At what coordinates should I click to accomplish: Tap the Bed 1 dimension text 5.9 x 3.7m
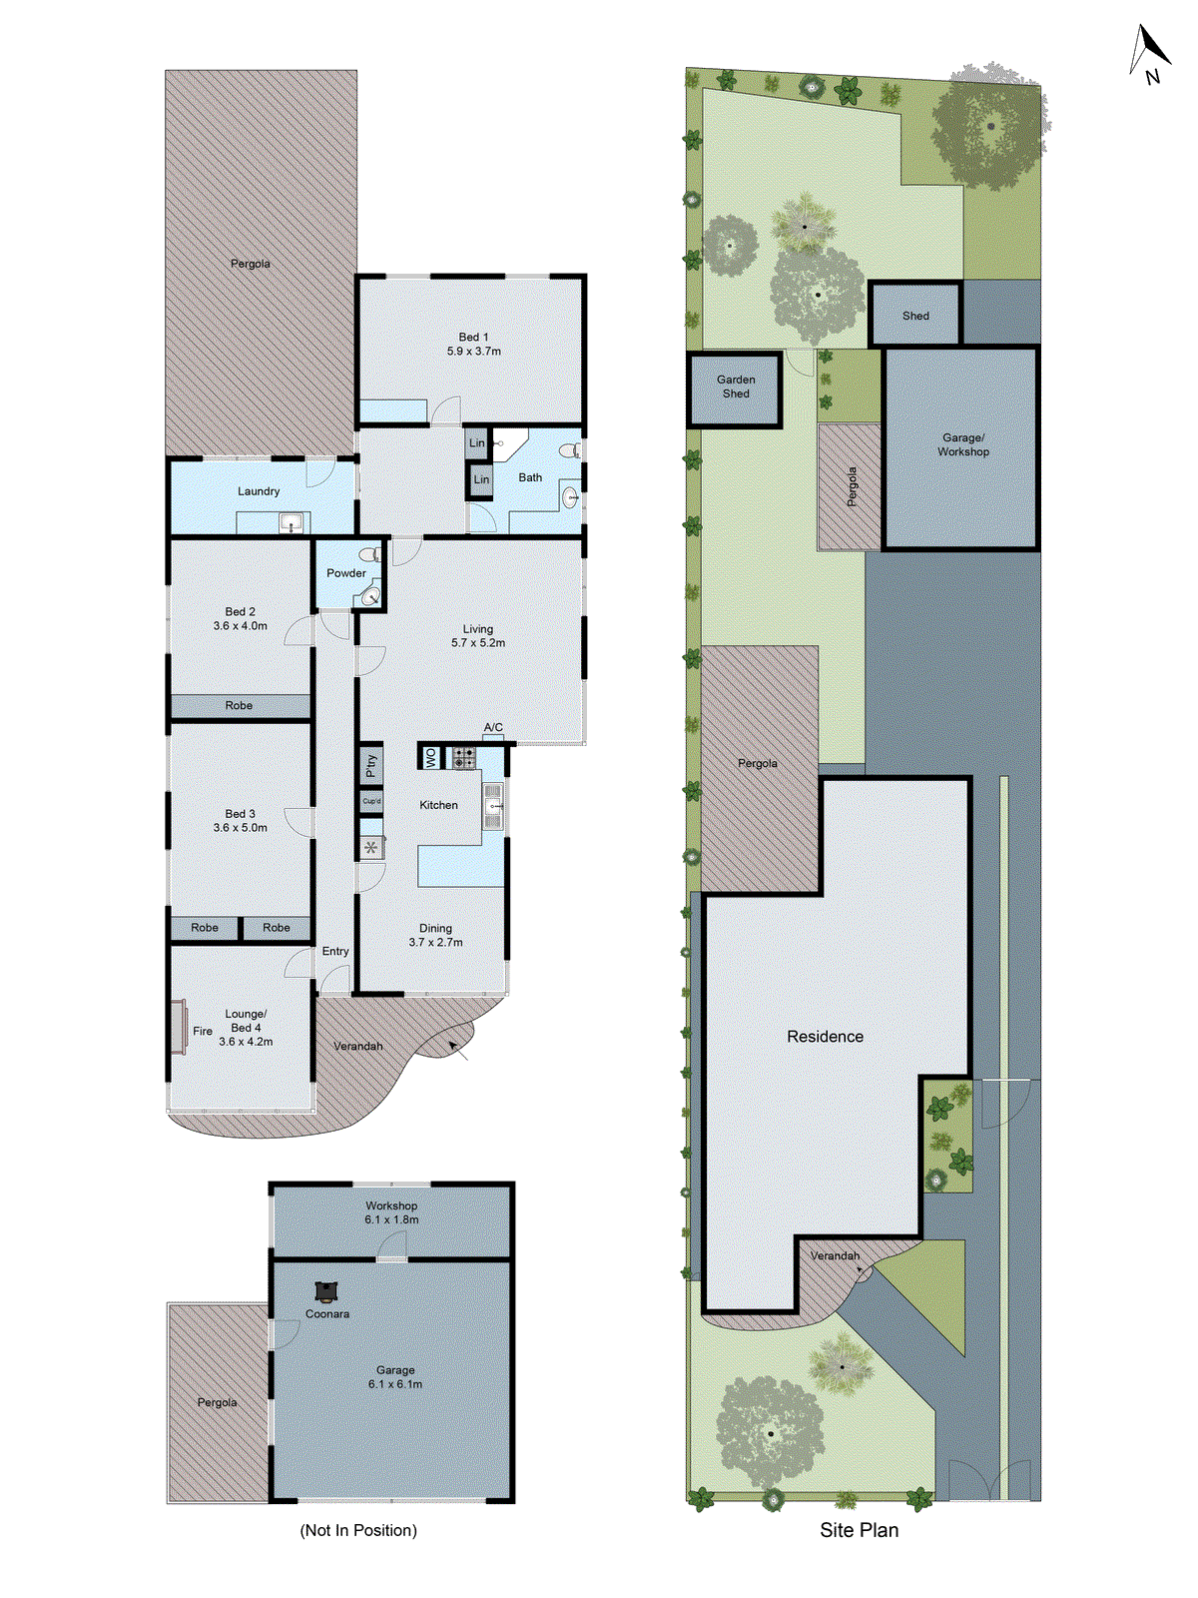pyautogui.click(x=474, y=352)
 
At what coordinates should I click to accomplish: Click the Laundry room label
pyautogui.click(x=259, y=491)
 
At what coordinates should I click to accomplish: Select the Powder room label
pyautogui.click(x=345, y=573)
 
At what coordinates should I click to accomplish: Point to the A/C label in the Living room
pyautogui.click(x=493, y=727)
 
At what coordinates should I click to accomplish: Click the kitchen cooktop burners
pyautogui.click(x=464, y=758)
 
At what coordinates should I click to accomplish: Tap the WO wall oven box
pyautogui.click(x=431, y=758)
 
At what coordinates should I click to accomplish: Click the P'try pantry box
pyautogui.click(x=371, y=765)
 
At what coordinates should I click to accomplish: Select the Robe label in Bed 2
pyautogui.click(x=239, y=706)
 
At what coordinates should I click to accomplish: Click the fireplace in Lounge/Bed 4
pyautogui.click(x=179, y=1027)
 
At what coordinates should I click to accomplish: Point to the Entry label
pyautogui.click(x=335, y=952)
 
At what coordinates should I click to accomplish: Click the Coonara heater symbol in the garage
pyautogui.click(x=325, y=1292)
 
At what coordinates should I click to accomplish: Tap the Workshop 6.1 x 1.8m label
pyautogui.click(x=391, y=1212)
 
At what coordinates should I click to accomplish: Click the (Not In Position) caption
pyautogui.click(x=358, y=1530)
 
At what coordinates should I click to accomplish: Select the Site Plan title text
pyautogui.click(x=859, y=1530)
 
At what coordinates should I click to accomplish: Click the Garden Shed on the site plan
pyautogui.click(x=736, y=388)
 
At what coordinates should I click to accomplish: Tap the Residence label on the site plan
pyautogui.click(x=825, y=1037)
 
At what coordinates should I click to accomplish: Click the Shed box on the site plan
pyautogui.click(x=915, y=316)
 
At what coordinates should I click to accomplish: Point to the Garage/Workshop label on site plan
pyautogui.click(x=962, y=444)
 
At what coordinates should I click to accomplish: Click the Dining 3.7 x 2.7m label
pyautogui.click(x=435, y=935)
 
